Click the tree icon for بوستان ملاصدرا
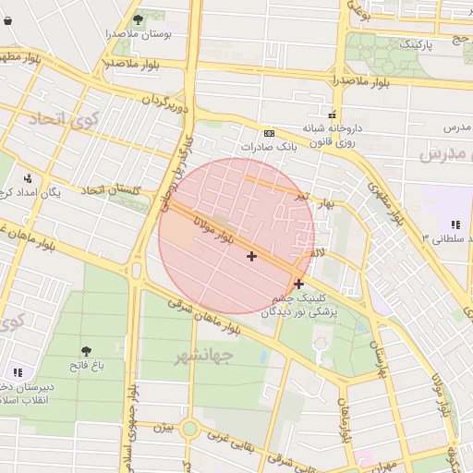tap(138, 18)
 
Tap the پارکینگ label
tap(412, 43)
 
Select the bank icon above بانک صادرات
tap(269, 133)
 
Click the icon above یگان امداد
tap(28, 178)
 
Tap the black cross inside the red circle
tap(251, 256)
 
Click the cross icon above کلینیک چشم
tap(298, 285)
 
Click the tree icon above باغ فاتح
tap(87, 351)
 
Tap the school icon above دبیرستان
tap(18, 372)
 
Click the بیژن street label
tap(164, 428)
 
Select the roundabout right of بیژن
tap(190, 428)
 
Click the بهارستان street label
tap(377, 350)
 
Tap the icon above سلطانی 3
tap(455, 224)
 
